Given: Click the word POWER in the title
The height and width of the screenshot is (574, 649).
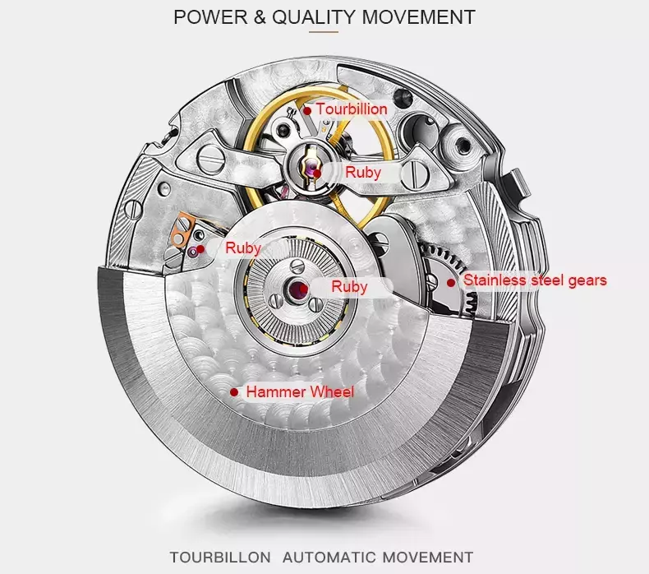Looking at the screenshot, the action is [210, 17].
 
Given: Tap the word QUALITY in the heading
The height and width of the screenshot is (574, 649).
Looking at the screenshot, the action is [313, 17].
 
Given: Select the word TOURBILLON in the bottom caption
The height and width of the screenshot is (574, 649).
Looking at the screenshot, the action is [220, 557].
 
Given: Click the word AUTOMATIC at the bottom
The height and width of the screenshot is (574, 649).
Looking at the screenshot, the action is [329, 557].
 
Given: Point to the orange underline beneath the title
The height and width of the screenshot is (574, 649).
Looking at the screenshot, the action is [324, 31].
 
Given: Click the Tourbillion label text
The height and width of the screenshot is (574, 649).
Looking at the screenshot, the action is [352, 109].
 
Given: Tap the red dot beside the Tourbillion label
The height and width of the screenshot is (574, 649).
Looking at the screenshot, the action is [307, 111].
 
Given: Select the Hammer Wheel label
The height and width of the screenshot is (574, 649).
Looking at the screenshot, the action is [300, 391].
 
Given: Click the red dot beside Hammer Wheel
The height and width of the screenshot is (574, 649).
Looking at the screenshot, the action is [234, 392].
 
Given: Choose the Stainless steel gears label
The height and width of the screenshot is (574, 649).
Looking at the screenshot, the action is [535, 280].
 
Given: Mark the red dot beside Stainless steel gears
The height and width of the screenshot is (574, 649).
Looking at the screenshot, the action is [451, 283].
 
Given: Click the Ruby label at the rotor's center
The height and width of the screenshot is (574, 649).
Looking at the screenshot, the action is [349, 287].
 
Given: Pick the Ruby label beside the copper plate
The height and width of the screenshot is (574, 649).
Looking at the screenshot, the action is [243, 248].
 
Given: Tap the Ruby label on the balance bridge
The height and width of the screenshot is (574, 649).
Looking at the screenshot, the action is [363, 173].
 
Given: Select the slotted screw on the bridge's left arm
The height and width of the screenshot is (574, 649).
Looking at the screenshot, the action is [211, 160].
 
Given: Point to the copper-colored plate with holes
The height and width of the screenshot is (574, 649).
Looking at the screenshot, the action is [182, 229].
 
